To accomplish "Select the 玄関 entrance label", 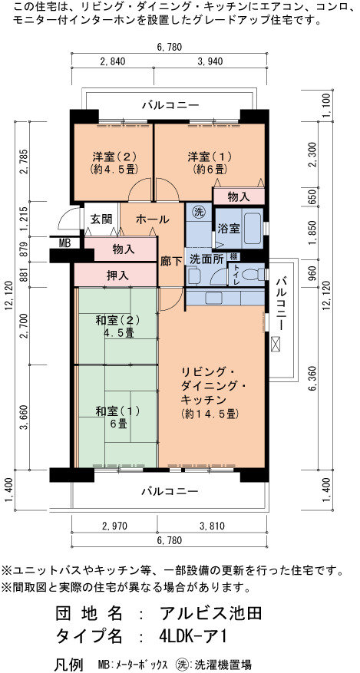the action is (x=101, y=219).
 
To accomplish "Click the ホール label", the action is (x=152, y=219).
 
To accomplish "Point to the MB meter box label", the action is (x=64, y=243).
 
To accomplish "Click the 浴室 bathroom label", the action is (x=229, y=228).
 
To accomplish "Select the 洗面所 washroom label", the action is (x=206, y=259).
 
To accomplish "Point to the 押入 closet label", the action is (x=117, y=275).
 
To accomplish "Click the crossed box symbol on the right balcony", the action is (x=275, y=344).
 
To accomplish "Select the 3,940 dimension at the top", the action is (x=210, y=61).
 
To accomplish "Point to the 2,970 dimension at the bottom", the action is (x=114, y=526).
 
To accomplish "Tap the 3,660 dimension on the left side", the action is (x=25, y=416).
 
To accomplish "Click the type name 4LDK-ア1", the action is (x=191, y=635).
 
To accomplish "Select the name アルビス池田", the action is (x=210, y=613).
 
